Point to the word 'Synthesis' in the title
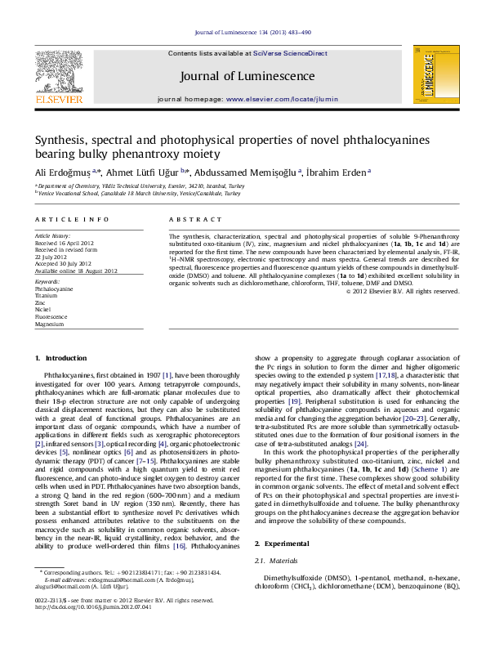click(59, 140)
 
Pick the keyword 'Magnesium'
click(49, 324)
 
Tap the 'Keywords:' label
click(47, 281)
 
